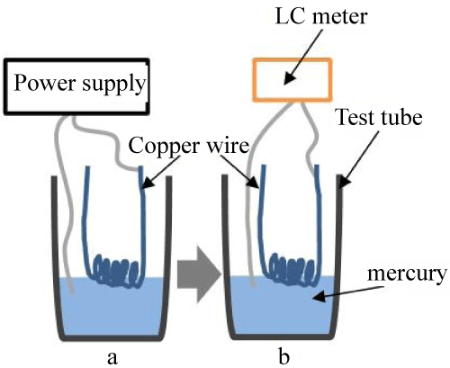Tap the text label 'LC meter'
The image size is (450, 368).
(321, 16)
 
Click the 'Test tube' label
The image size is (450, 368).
(380, 117)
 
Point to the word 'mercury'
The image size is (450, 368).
(407, 274)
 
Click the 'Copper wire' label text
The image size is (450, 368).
(189, 146)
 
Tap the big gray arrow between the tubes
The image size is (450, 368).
(199, 274)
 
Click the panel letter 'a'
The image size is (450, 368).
(112, 358)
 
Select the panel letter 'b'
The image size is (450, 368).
(284, 355)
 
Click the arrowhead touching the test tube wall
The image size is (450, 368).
(345, 182)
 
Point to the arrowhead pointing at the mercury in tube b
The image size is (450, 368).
(319, 297)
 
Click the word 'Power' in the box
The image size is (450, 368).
(46, 82)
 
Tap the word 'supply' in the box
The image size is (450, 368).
(114, 85)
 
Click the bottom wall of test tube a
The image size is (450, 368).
(112, 338)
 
